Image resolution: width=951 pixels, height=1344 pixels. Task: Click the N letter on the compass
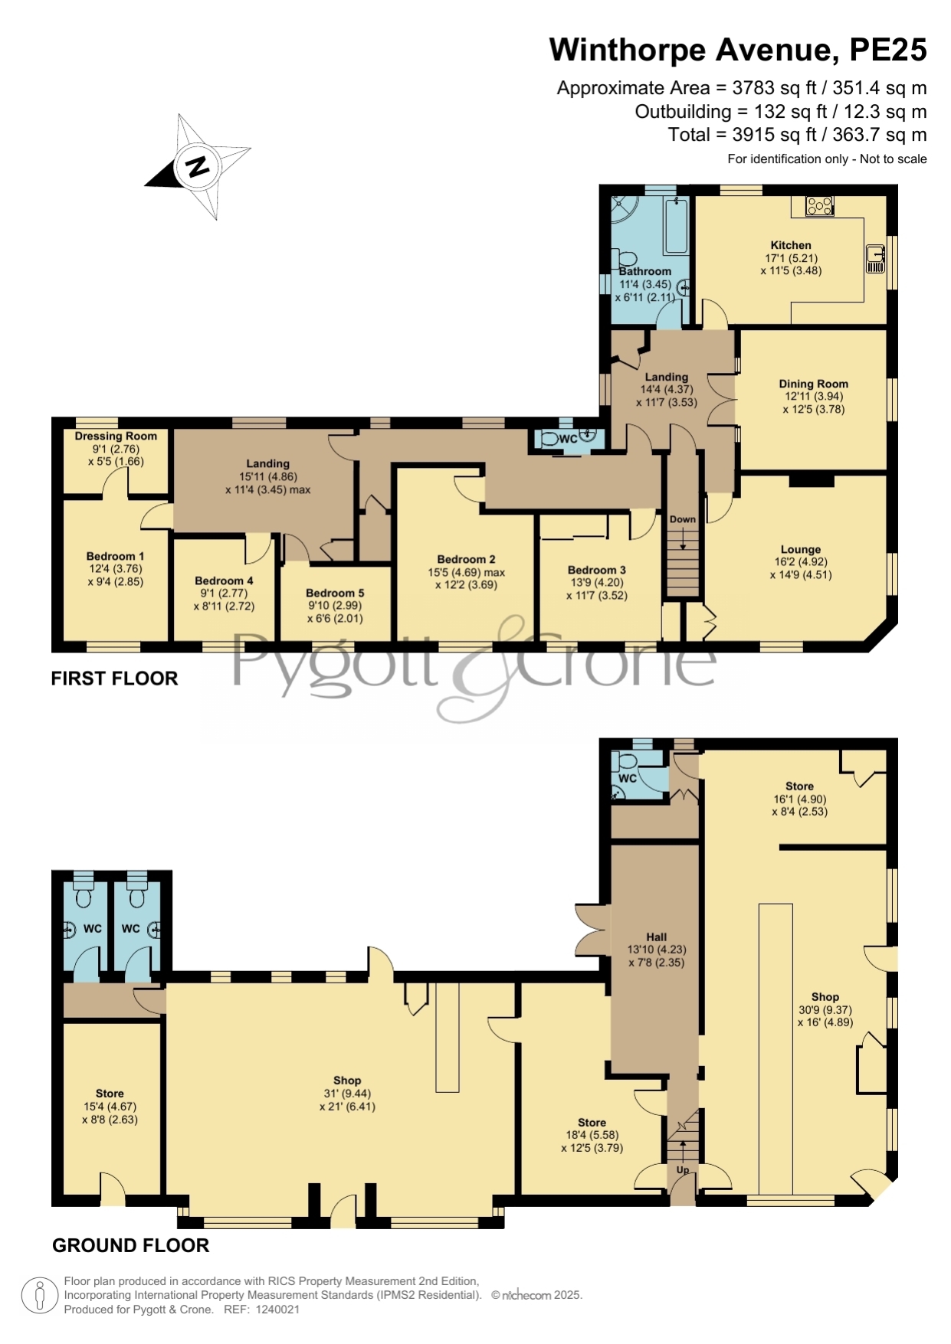pos(198,166)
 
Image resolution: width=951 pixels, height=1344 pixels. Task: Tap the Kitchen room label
pos(791,245)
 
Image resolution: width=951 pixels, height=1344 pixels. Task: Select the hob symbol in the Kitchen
pos(820,205)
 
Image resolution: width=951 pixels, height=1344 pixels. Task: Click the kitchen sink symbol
pos(875,258)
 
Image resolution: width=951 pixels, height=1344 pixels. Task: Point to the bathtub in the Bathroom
pos(676,225)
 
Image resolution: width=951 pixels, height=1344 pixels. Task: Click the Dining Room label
pos(813,384)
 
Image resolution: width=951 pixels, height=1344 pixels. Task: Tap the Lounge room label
pos(801,549)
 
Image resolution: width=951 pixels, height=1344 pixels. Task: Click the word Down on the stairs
pos(683,519)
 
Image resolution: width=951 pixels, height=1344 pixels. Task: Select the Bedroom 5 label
pos(335,593)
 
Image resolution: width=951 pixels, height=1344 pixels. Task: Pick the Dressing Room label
pos(116,436)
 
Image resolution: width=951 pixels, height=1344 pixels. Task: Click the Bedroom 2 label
pos(466,560)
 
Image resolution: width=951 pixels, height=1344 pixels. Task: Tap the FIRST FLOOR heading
pos(114,679)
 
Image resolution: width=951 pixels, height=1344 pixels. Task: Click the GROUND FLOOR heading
pos(131,1246)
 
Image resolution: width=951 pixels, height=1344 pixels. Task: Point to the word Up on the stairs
pos(683,1170)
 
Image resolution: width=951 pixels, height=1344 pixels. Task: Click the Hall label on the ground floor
pos(656,937)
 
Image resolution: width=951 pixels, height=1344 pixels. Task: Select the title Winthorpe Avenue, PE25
pos(738,50)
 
